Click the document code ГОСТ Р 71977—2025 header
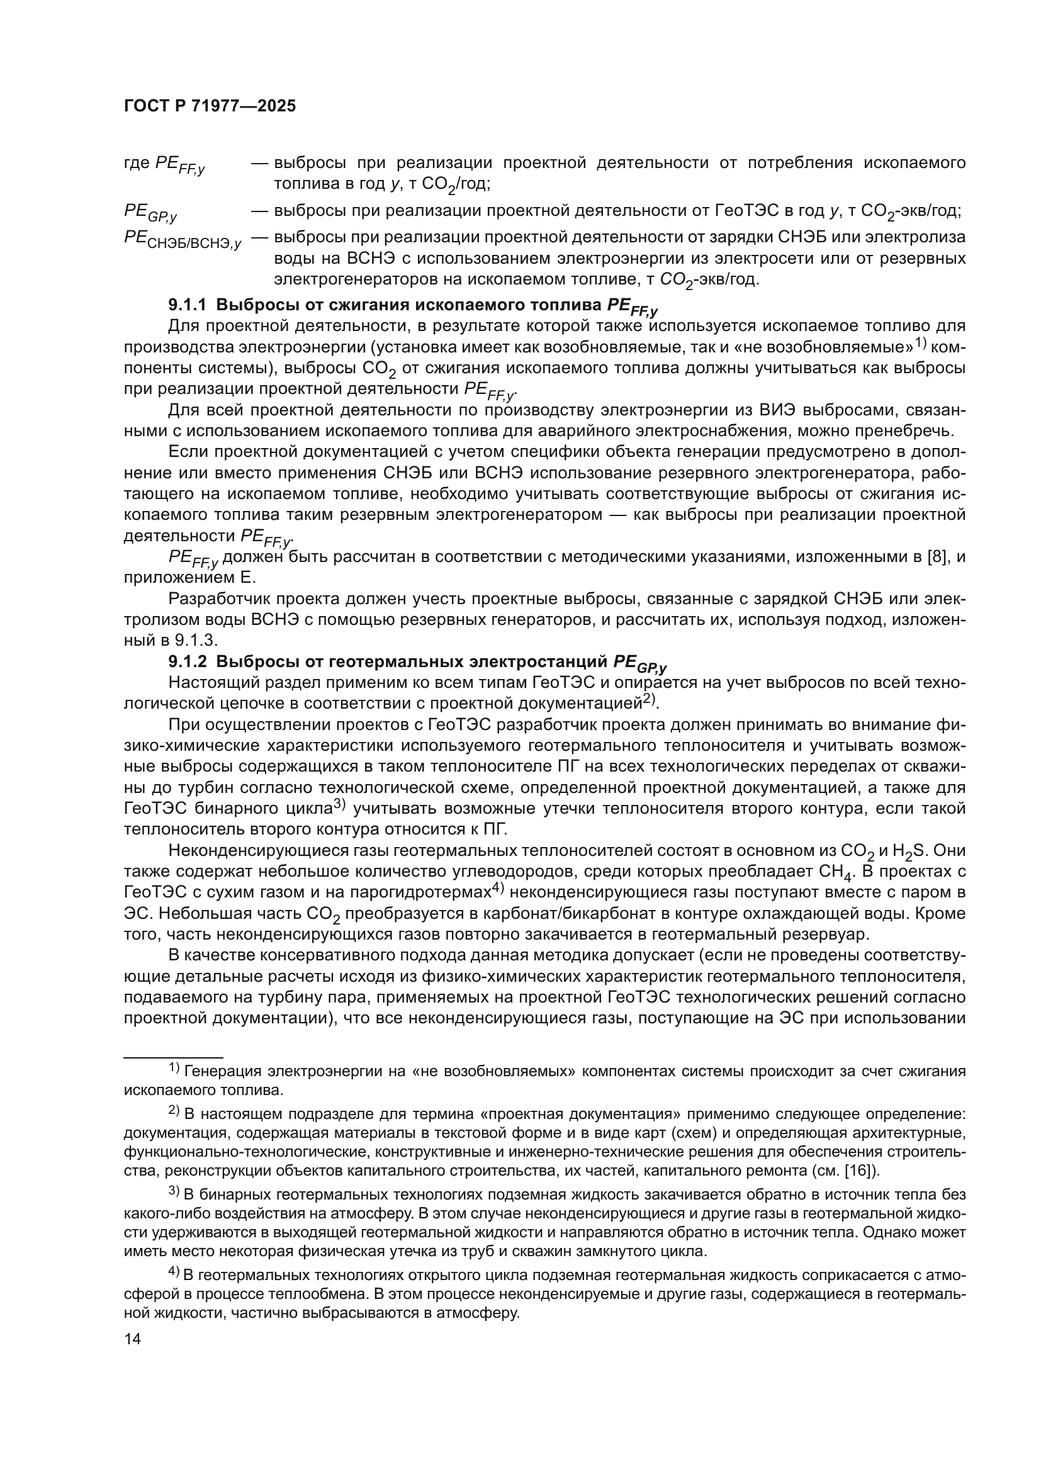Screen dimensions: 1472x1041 click(x=210, y=106)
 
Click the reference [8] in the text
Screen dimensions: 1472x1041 click(x=938, y=556)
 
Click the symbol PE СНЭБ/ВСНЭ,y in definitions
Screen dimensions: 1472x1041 click(x=183, y=240)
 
